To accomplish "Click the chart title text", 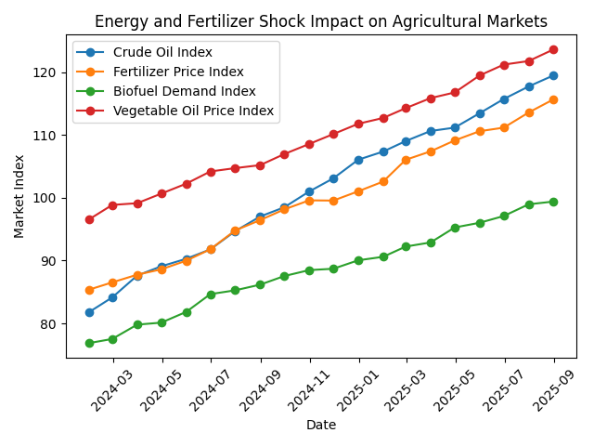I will [321, 21].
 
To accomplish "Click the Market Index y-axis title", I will [19, 197].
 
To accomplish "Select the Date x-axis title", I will [321, 425].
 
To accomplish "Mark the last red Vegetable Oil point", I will [553, 49].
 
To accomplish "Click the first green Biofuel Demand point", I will [89, 343].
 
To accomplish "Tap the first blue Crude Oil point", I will [89, 312].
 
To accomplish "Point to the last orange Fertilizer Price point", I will [553, 99].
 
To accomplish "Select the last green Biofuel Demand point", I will [553, 202].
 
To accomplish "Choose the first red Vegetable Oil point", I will [89, 219].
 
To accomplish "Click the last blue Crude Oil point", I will [553, 75].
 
